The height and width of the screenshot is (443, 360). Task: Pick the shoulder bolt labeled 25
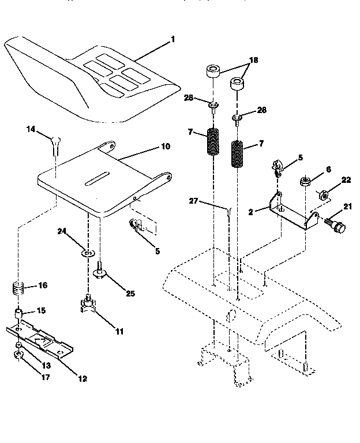[102, 268]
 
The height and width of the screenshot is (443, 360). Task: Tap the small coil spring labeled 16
[20, 287]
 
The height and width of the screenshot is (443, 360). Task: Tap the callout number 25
[130, 293]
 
